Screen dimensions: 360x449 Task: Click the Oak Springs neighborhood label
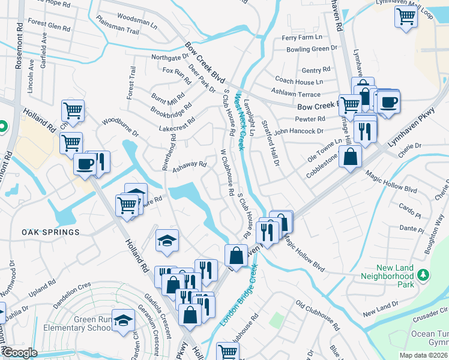pos(50,232)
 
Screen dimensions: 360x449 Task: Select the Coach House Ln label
pos(298,81)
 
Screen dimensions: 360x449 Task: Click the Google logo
pos(19,353)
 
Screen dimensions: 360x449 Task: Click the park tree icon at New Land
pos(424,274)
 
